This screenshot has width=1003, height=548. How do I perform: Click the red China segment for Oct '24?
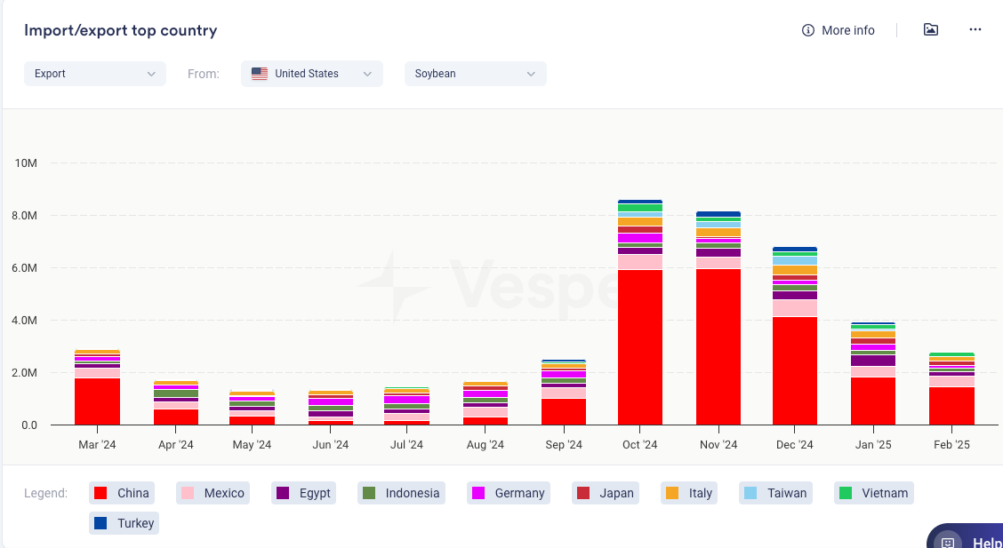tap(640, 346)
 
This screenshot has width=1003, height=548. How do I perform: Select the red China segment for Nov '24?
tap(718, 346)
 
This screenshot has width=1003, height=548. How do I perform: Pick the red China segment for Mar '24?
tap(98, 401)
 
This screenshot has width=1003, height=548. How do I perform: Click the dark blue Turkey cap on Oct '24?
tap(640, 202)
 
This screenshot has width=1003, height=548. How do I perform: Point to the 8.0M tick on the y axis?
tap(24, 216)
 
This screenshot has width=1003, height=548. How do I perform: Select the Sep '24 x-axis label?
tap(564, 445)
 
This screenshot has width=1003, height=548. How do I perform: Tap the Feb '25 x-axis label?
tap(951, 445)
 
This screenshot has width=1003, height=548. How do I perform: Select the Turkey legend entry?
tap(124, 523)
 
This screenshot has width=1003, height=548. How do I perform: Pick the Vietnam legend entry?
tap(874, 493)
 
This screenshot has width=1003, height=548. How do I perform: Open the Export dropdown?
tap(95, 74)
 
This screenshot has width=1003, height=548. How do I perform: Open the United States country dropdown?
tap(311, 74)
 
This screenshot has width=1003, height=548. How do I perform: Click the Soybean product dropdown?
tap(475, 74)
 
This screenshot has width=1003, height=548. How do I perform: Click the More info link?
tap(839, 30)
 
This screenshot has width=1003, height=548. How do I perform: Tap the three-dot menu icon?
tap(975, 29)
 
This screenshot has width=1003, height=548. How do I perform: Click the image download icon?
tap(931, 29)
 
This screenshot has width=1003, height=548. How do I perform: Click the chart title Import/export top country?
tap(121, 30)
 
